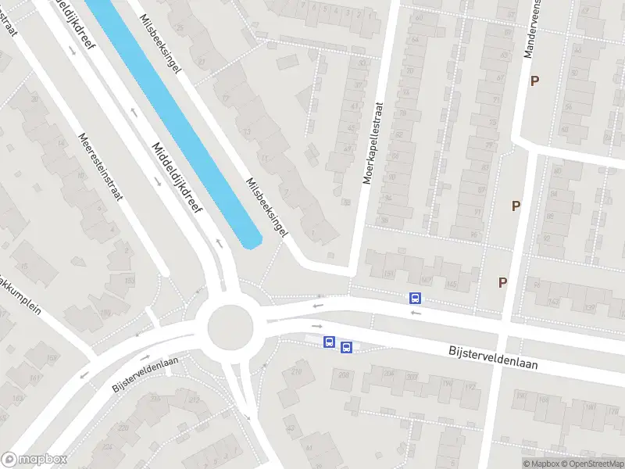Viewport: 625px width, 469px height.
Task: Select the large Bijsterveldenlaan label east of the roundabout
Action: [493, 359]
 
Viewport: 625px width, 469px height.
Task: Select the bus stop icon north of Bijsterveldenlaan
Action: [415, 298]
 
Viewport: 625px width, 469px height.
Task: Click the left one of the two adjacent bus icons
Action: [330, 342]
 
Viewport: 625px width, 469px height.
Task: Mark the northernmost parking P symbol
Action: [535, 81]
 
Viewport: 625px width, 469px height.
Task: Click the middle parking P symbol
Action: [516, 206]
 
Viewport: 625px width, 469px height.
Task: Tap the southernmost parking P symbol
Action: [503, 282]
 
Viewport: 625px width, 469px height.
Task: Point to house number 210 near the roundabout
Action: [296, 372]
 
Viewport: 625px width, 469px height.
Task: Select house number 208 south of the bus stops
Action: [344, 374]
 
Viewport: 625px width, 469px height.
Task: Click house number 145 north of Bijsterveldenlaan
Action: [451, 283]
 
